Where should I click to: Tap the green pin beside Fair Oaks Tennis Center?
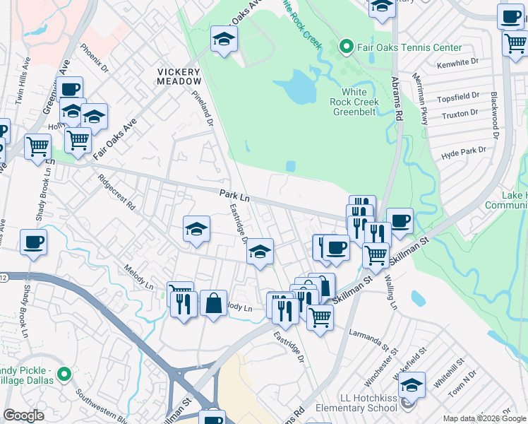[x=346, y=47]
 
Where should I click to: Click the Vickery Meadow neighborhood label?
[x=179, y=76]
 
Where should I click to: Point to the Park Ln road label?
[x=234, y=193]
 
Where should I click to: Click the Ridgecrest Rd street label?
[x=117, y=192]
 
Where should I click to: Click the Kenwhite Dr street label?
[x=457, y=63]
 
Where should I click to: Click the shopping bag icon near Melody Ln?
[x=213, y=304]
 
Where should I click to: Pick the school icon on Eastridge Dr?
[x=260, y=252]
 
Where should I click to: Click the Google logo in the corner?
[x=23, y=416]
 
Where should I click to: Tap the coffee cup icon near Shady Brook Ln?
[x=34, y=243]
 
